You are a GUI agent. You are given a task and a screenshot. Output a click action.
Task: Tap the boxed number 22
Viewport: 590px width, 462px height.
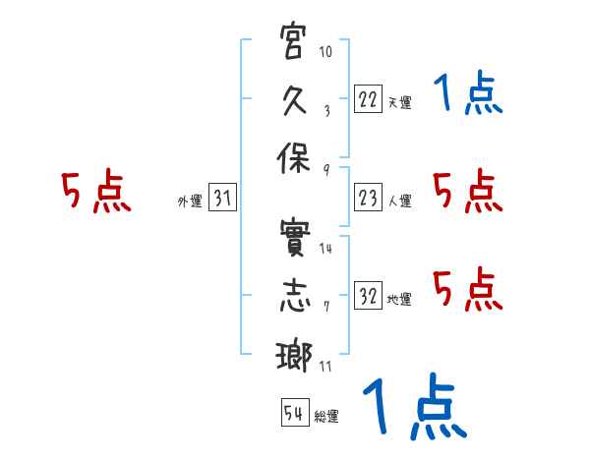[368, 99]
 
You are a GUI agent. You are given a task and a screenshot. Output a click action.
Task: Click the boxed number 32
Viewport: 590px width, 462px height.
[368, 296]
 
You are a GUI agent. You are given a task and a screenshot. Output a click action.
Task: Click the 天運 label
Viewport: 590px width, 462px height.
[399, 102]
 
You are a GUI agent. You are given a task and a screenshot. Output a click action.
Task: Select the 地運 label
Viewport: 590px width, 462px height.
[399, 299]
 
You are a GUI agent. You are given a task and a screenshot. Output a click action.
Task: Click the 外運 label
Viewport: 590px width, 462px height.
[189, 202]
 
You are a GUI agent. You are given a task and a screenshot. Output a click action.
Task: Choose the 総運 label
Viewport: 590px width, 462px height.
[326, 417]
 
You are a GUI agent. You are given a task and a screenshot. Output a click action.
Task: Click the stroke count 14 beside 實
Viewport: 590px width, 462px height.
[325, 249]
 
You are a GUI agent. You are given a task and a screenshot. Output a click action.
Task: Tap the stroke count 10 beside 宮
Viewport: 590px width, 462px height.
[325, 52]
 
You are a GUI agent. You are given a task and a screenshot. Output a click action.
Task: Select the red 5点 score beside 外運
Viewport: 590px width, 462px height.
[95, 192]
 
